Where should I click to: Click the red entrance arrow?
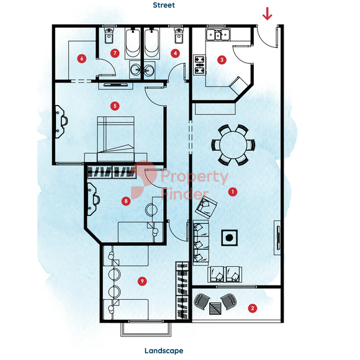point(268,14)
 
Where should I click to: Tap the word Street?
point(164,5)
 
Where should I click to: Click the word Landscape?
point(164,351)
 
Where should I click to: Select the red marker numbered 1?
point(233,191)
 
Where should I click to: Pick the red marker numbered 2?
point(253,308)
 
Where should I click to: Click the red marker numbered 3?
point(222,60)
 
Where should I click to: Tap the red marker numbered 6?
point(82,58)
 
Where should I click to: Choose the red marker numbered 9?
point(142,281)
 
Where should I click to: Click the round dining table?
point(233,145)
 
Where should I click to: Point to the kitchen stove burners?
point(199,65)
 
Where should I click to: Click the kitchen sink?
point(218,35)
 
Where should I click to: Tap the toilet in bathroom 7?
point(109,35)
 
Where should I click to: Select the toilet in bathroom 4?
point(179,35)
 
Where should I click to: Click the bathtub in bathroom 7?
point(133,43)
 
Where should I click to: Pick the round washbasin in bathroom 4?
point(149,70)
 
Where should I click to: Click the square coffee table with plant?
point(229,238)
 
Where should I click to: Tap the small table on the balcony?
point(215,308)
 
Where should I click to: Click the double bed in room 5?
point(115,139)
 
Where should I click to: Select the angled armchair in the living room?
point(206,207)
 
